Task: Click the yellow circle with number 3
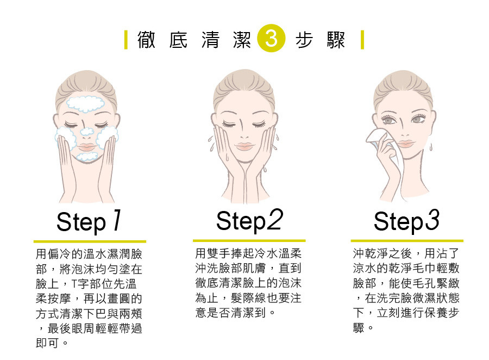271,38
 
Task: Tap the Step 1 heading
89,221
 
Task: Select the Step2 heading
249,221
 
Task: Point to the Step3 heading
406,221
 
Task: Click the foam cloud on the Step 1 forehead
85,104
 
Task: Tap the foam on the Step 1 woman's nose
87,132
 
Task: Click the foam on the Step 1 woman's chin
87,157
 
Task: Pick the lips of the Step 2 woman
244,146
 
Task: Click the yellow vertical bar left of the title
126,40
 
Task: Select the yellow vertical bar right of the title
362,40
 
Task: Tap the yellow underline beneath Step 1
90,241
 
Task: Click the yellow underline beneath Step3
407,241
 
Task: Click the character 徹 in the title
146,40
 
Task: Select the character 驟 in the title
336,40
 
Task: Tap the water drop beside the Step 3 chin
431,147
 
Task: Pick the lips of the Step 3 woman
405,144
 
